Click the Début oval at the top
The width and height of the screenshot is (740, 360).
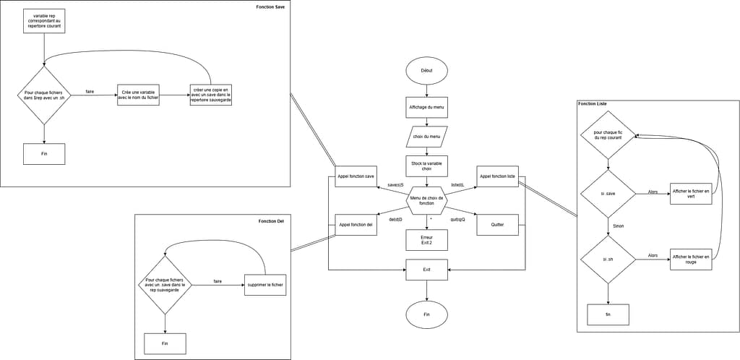click(x=426, y=70)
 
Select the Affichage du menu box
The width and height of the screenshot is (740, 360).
click(x=426, y=107)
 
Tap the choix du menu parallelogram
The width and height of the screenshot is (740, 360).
click(x=426, y=137)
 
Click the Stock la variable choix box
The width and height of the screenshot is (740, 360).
click(x=426, y=166)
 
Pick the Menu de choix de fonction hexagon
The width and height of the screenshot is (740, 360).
click(x=426, y=200)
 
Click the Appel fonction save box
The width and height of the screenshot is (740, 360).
click(x=356, y=176)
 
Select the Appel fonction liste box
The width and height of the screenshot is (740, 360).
click(x=497, y=176)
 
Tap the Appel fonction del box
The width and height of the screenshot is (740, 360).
click(x=356, y=225)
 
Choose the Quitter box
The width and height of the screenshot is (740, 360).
click(x=497, y=225)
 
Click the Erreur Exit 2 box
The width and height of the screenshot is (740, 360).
click(x=426, y=239)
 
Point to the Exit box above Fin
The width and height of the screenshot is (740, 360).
click(x=426, y=269)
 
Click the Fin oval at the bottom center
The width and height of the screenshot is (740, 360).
click(x=426, y=314)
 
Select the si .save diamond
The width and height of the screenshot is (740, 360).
click(x=608, y=194)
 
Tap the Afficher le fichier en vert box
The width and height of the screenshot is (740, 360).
click(x=692, y=193)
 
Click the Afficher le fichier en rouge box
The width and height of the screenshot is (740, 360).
click(x=692, y=259)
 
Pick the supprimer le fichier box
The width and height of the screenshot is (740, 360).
click(x=265, y=285)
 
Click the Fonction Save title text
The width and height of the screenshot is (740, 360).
click(x=270, y=7)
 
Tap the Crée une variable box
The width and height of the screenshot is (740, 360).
click(x=138, y=95)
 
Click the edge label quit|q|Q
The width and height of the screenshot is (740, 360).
click(x=457, y=219)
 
